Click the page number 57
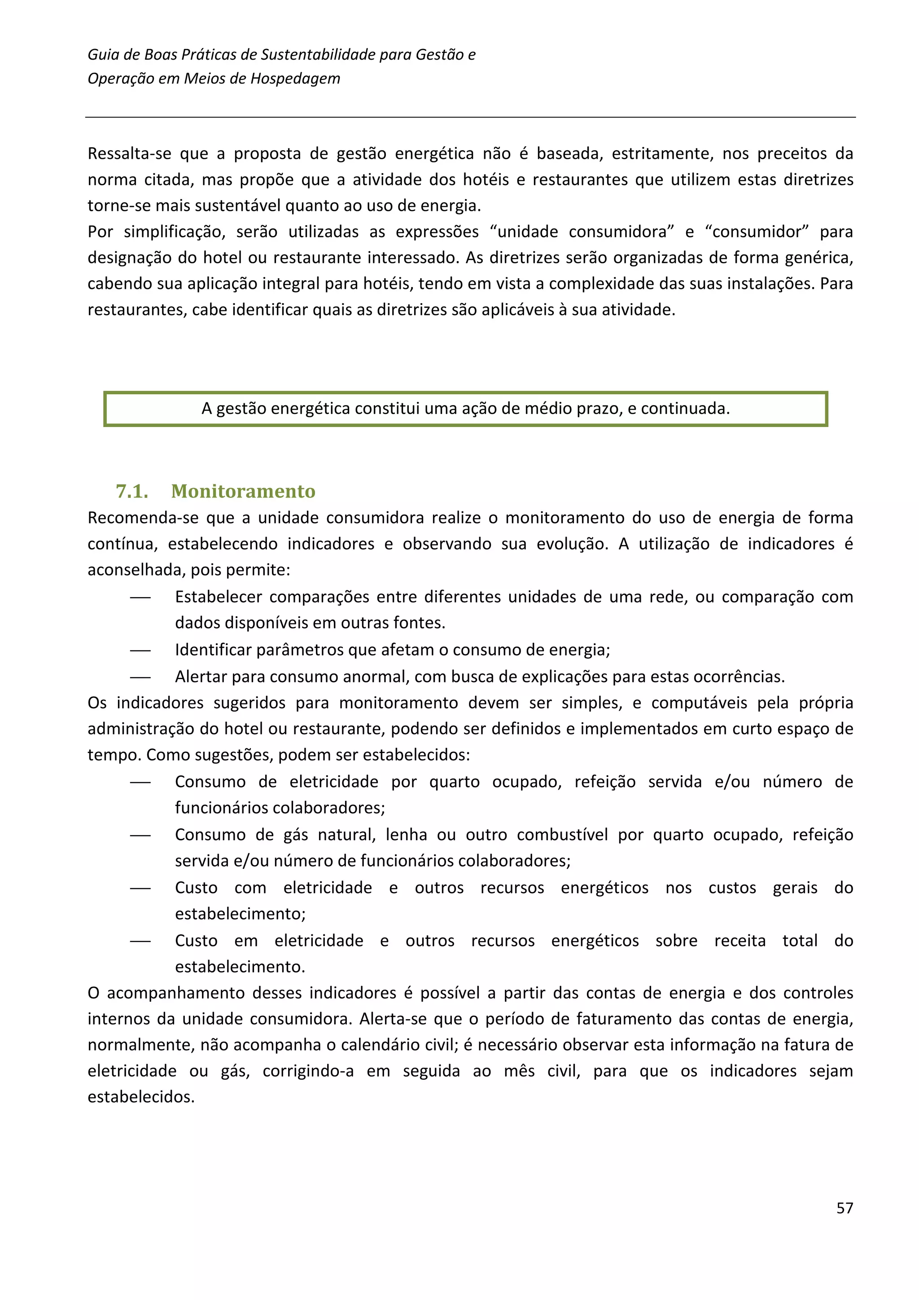(x=844, y=1208)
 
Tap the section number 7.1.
(x=132, y=491)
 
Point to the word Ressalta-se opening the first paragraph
(x=129, y=153)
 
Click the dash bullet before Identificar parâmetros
(x=140, y=650)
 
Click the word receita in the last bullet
(x=740, y=941)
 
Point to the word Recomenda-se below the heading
(x=143, y=518)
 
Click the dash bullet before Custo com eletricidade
(x=140, y=888)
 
